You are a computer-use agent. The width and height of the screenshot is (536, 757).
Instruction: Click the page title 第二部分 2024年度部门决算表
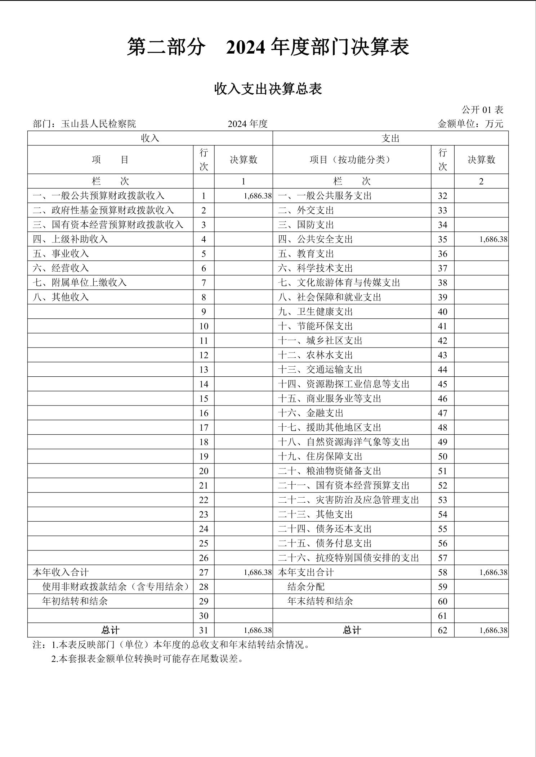[268, 47]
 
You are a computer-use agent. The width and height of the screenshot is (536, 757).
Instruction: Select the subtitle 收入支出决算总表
[268, 89]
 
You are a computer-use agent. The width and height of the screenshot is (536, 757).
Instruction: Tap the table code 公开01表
[482, 110]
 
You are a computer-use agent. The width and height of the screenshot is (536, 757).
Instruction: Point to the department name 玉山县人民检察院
[98, 124]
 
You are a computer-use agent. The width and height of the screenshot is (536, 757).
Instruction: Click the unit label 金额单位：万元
[470, 124]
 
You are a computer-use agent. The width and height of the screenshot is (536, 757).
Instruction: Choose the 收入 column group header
[150, 138]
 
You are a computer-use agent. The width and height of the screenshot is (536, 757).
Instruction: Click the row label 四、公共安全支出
[315, 239]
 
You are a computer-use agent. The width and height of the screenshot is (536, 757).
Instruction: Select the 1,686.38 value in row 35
[493, 239]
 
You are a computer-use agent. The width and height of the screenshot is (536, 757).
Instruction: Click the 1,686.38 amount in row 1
[257, 196]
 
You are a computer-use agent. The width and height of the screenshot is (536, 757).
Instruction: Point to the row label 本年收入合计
[61, 572]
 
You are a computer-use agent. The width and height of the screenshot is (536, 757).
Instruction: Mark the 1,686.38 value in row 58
[493, 572]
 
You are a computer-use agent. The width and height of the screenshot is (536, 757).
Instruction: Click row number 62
[442, 630]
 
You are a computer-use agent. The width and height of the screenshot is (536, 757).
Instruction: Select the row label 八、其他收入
[61, 297]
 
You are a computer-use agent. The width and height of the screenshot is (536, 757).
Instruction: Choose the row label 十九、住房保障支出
[320, 457]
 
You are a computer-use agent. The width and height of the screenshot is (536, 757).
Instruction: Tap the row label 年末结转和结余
[320, 601]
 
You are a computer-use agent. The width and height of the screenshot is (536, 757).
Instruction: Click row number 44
[442, 370]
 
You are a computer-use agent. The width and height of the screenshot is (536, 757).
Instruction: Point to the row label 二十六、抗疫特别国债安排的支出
[348, 558]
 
